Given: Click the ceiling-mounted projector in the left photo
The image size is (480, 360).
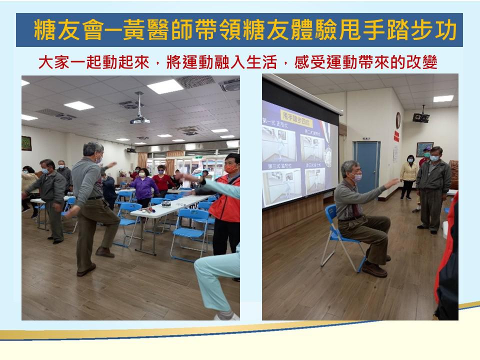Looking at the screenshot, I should [x=140, y=120].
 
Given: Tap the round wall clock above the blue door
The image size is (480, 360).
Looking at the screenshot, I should [x=398, y=120].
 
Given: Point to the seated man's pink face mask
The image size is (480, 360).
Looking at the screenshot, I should [x=357, y=177].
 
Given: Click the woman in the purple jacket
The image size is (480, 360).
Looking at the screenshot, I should [x=144, y=187].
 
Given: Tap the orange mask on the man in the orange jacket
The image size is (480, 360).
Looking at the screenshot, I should [x=231, y=169].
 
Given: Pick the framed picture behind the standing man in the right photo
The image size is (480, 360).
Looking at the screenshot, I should [x=424, y=148].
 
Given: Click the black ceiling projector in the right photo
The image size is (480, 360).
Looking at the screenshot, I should [x=421, y=117].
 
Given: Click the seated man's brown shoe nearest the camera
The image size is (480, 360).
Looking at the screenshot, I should [x=374, y=270].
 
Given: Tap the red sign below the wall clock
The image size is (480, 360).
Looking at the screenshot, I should [x=396, y=136].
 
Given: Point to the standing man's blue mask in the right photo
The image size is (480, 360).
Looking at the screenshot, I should [x=434, y=158].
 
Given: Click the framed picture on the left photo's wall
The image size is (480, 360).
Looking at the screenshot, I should [x=26, y=143].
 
